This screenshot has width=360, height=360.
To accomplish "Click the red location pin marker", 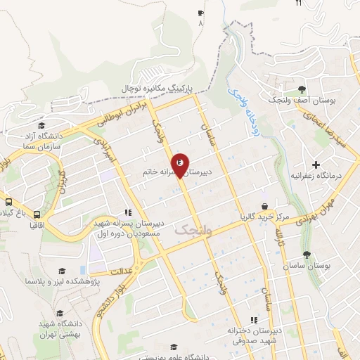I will [180, 165].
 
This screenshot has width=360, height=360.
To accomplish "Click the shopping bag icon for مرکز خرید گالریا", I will [264, 206].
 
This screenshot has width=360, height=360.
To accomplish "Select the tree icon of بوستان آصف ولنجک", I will [302, 89].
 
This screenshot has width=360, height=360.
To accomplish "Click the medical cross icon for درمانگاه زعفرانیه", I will [316, 164].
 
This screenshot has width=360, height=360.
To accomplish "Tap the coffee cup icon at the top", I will [201, 13].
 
